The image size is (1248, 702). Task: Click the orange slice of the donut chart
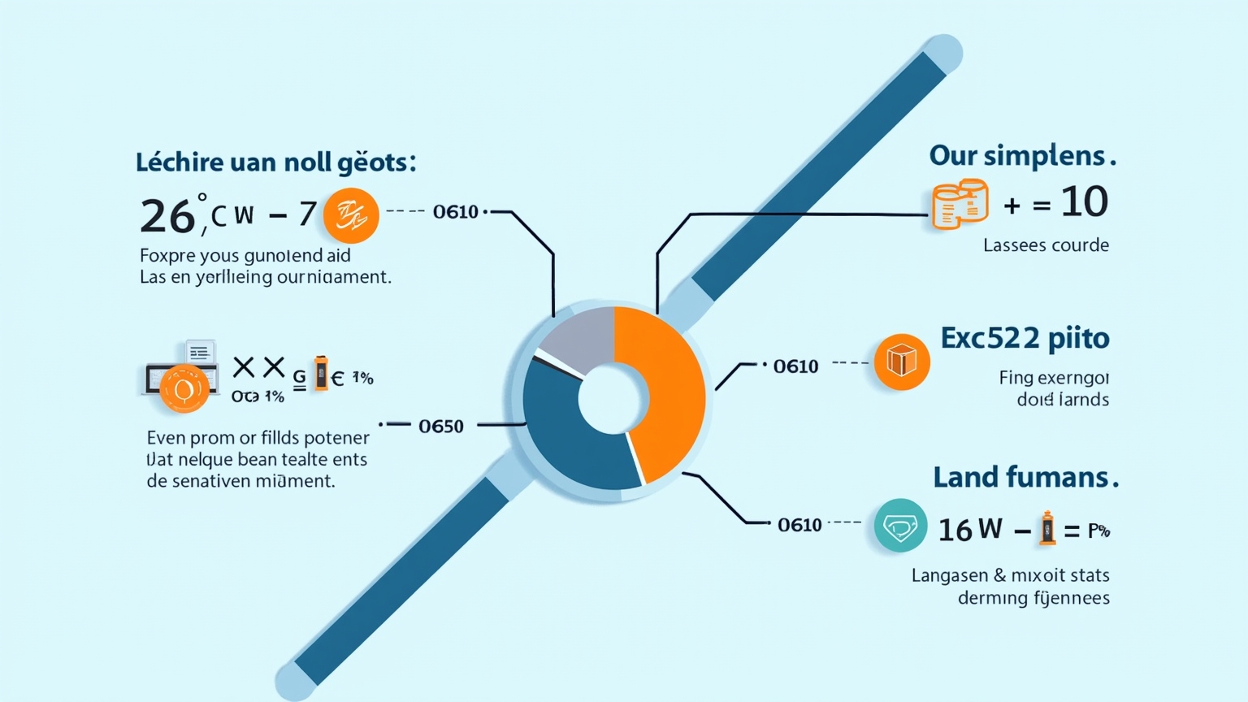click(x=666, y=390)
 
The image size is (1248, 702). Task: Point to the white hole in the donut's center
click(x=613, y=398)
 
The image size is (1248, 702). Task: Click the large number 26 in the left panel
click(x=167, y=216)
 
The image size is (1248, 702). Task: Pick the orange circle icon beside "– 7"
click(x=351, y=215)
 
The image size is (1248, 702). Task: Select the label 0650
click(x=440, y=426)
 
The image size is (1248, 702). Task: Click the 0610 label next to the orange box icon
click(x=795, y=366)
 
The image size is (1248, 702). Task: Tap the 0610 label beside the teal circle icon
click(x=799, y=525)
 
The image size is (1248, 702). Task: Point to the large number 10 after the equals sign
click(x=1084, y=201)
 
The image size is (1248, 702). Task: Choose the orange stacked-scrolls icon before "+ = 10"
click(x=960, y=204)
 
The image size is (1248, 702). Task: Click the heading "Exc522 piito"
click(x=1025, y=338)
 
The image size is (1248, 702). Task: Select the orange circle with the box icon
click(x=902, y=362)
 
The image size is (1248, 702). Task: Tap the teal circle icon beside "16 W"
click(x=900, y=526)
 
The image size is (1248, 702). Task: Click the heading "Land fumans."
click(x=1025, y=477)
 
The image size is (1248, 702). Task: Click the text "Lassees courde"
click(x=1046, y=245)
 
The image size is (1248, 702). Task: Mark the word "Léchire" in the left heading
click(x=179, y=162)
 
